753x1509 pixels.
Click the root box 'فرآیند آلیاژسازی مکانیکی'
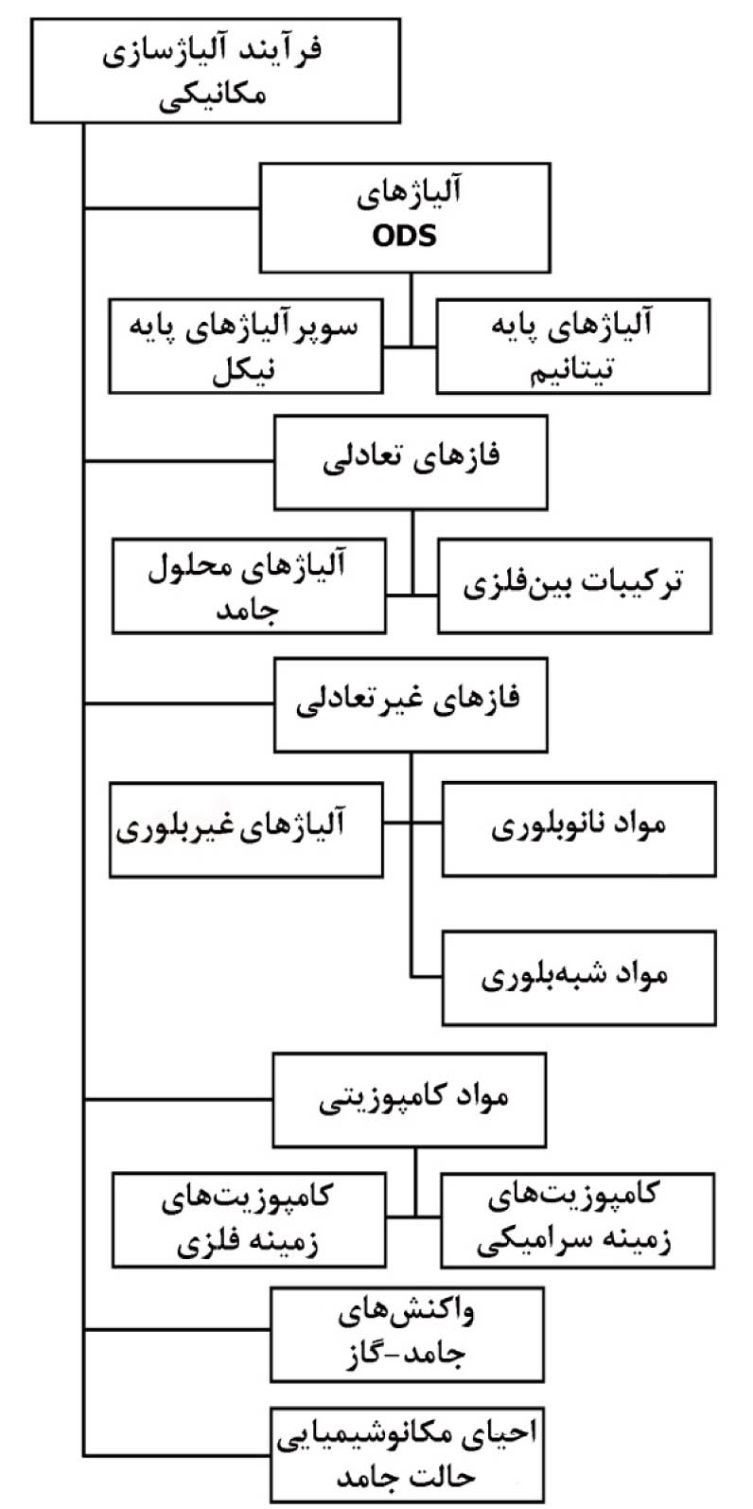tap(216, 71)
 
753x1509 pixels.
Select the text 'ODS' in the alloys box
tap(405, 236)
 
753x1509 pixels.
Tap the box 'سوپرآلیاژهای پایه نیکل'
tap(246, 346)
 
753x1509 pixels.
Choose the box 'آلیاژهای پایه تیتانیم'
tap(573, 346)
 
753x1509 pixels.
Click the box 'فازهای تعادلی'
tap(411, 462)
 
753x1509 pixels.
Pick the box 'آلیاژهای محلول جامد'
tap(249, 586)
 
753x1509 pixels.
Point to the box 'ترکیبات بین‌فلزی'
tap(574, 586)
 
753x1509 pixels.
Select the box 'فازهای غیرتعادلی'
tap(411, 704)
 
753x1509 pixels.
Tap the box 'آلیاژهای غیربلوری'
tap(246, 829)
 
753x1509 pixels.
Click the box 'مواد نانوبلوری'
tap(579, 828)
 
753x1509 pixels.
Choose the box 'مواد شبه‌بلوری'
tap(579, 978)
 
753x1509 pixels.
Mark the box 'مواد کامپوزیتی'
tap(410, 1100)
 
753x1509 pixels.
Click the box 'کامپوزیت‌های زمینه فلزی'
tap(249, 1220)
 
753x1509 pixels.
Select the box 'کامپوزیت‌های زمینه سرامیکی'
tap(577, 1220)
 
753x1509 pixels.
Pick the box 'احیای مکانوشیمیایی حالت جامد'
tap(407, 1453)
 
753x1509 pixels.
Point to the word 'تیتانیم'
tap(572, 371)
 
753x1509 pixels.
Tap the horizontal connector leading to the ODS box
tap(171, 208)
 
